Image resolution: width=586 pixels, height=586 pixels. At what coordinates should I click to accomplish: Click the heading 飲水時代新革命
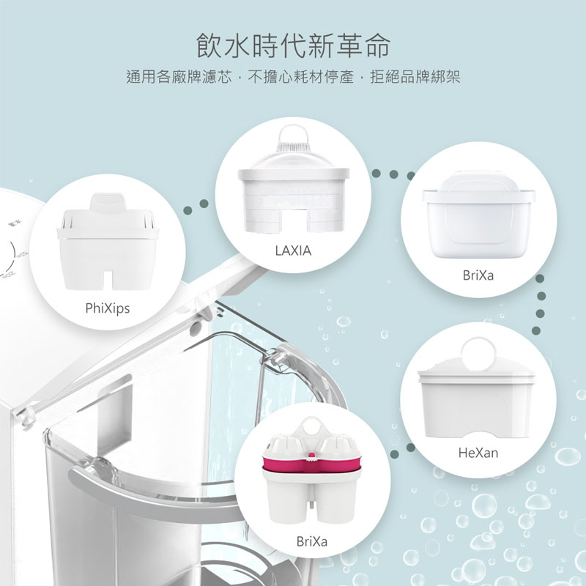(293, 45)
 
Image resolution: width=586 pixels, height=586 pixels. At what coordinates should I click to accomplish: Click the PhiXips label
(108, 308)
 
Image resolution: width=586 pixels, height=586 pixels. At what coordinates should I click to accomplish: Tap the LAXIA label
(294, 251)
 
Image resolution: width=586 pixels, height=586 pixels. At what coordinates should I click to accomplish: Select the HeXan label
(478, 453)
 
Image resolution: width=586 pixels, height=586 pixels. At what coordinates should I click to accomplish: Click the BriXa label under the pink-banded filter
(312, 541)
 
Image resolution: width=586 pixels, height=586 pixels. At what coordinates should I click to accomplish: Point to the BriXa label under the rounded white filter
(478, 275)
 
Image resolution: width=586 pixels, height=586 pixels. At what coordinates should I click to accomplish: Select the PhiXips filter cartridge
(108, 242)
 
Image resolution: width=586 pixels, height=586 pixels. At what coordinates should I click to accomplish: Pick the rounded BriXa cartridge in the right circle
(478, 215)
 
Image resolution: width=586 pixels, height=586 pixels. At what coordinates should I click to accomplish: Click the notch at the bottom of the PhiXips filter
(107, 281)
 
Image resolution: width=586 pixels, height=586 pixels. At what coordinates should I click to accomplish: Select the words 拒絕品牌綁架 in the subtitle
(415, 77)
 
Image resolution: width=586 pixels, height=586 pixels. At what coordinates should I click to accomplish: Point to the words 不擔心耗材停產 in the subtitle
(301, 77)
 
